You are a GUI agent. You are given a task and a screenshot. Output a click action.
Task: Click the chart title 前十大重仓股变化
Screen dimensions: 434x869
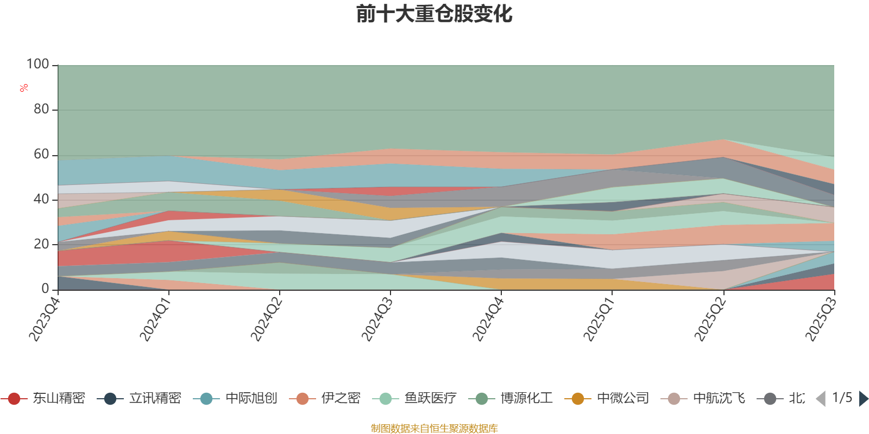[x=434, y=14]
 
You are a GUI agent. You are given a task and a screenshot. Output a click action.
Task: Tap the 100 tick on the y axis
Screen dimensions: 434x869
[x=37, y=65]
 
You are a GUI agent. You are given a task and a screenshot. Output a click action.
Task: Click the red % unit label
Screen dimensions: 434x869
[x=24, y=87]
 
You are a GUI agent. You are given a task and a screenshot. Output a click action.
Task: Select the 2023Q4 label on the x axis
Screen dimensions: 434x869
[x=45, y=316]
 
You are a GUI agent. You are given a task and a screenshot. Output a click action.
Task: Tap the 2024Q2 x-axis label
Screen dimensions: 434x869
[x=266, y=316]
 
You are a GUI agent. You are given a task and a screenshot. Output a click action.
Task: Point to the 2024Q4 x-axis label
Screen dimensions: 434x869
[x=488, y=316]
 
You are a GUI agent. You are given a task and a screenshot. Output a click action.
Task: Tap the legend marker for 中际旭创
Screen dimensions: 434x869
[x=206, y=399]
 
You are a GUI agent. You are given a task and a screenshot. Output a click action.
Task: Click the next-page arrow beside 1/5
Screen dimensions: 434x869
[x=864, y=399]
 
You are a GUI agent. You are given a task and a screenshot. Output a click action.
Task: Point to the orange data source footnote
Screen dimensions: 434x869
[x=434, y=428]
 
